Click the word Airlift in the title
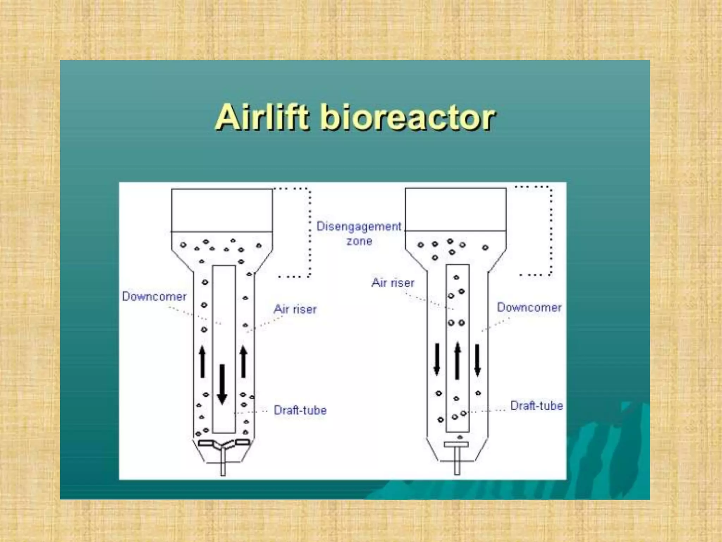point(263,117)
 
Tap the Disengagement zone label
point(359,233)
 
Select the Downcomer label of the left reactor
point(154,296)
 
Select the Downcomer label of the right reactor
point(529,307)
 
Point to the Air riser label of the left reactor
point(295,309)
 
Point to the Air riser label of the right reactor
point(393,283)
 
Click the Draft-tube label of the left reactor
point(300,410)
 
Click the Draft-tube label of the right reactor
point(536,406)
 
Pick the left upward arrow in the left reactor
point(202,362)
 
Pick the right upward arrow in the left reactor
point(244,362)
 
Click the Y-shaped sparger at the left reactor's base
point(223,445)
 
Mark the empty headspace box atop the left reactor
point(222,210)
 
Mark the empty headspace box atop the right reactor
point(455,210)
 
